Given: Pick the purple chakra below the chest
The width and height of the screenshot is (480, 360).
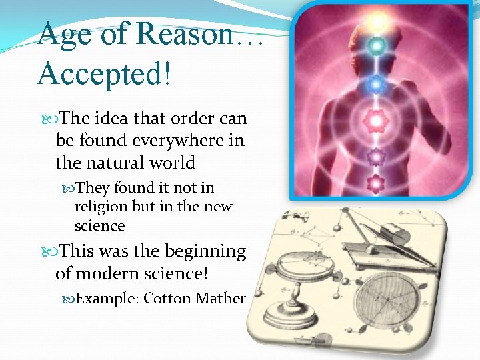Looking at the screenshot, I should pyautogui.click(x=377, y=157).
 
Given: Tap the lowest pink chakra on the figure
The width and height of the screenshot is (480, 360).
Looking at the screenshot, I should pyautogui.click(x=377, y=182).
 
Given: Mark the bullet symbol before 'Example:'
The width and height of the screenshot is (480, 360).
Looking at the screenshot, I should pyautogui.click(x=69, y=299).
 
